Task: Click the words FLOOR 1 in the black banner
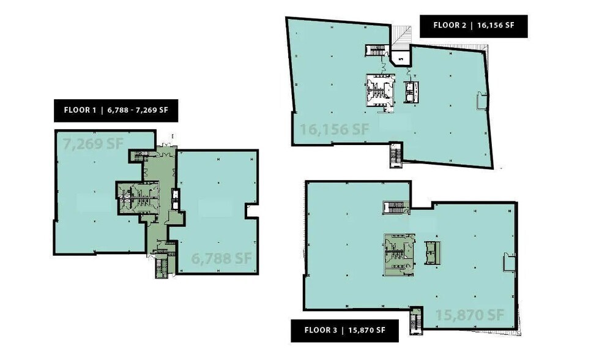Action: (80, 111)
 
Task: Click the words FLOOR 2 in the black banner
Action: (450, 26)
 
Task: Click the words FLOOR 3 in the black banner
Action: (321, 331)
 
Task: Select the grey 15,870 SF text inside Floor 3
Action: (469, 315)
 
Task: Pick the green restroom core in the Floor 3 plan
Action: (398, 252)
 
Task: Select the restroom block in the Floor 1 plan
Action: (138, 198)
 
